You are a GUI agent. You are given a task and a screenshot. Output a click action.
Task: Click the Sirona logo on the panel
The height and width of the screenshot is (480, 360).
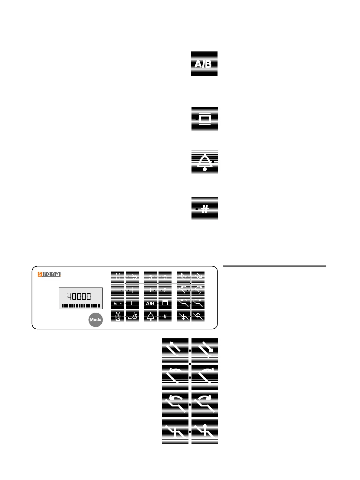49,274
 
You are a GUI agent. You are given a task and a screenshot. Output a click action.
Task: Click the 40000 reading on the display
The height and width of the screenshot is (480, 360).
79,296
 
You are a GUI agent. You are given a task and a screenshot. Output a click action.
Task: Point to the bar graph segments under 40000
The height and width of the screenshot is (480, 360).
80,306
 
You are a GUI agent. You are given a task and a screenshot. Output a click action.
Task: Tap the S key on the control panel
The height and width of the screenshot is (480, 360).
151,277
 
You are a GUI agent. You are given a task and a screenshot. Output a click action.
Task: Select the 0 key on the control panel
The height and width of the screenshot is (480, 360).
165,277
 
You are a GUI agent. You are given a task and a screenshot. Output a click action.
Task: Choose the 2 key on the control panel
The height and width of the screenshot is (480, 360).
165,290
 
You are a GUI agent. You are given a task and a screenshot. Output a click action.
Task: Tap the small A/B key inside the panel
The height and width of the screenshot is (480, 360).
151,303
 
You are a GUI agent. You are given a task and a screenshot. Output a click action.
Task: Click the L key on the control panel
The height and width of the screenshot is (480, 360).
132,303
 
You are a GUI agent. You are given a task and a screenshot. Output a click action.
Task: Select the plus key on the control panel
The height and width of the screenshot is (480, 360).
132,290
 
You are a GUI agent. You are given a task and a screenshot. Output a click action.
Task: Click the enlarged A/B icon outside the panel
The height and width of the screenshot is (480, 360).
204,64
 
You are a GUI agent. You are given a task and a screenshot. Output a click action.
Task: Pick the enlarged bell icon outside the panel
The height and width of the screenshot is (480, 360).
205,162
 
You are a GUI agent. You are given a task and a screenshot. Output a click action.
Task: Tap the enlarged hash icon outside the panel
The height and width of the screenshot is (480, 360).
205,209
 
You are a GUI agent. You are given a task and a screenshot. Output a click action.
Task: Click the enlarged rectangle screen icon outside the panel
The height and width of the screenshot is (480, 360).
205,119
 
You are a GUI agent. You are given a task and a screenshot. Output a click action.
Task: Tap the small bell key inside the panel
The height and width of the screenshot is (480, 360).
151,316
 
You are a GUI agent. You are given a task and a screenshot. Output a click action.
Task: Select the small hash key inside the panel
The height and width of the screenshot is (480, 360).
165,316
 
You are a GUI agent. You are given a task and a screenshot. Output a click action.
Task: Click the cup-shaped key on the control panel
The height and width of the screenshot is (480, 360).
118,316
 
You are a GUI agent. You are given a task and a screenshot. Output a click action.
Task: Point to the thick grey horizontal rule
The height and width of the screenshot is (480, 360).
274,266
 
